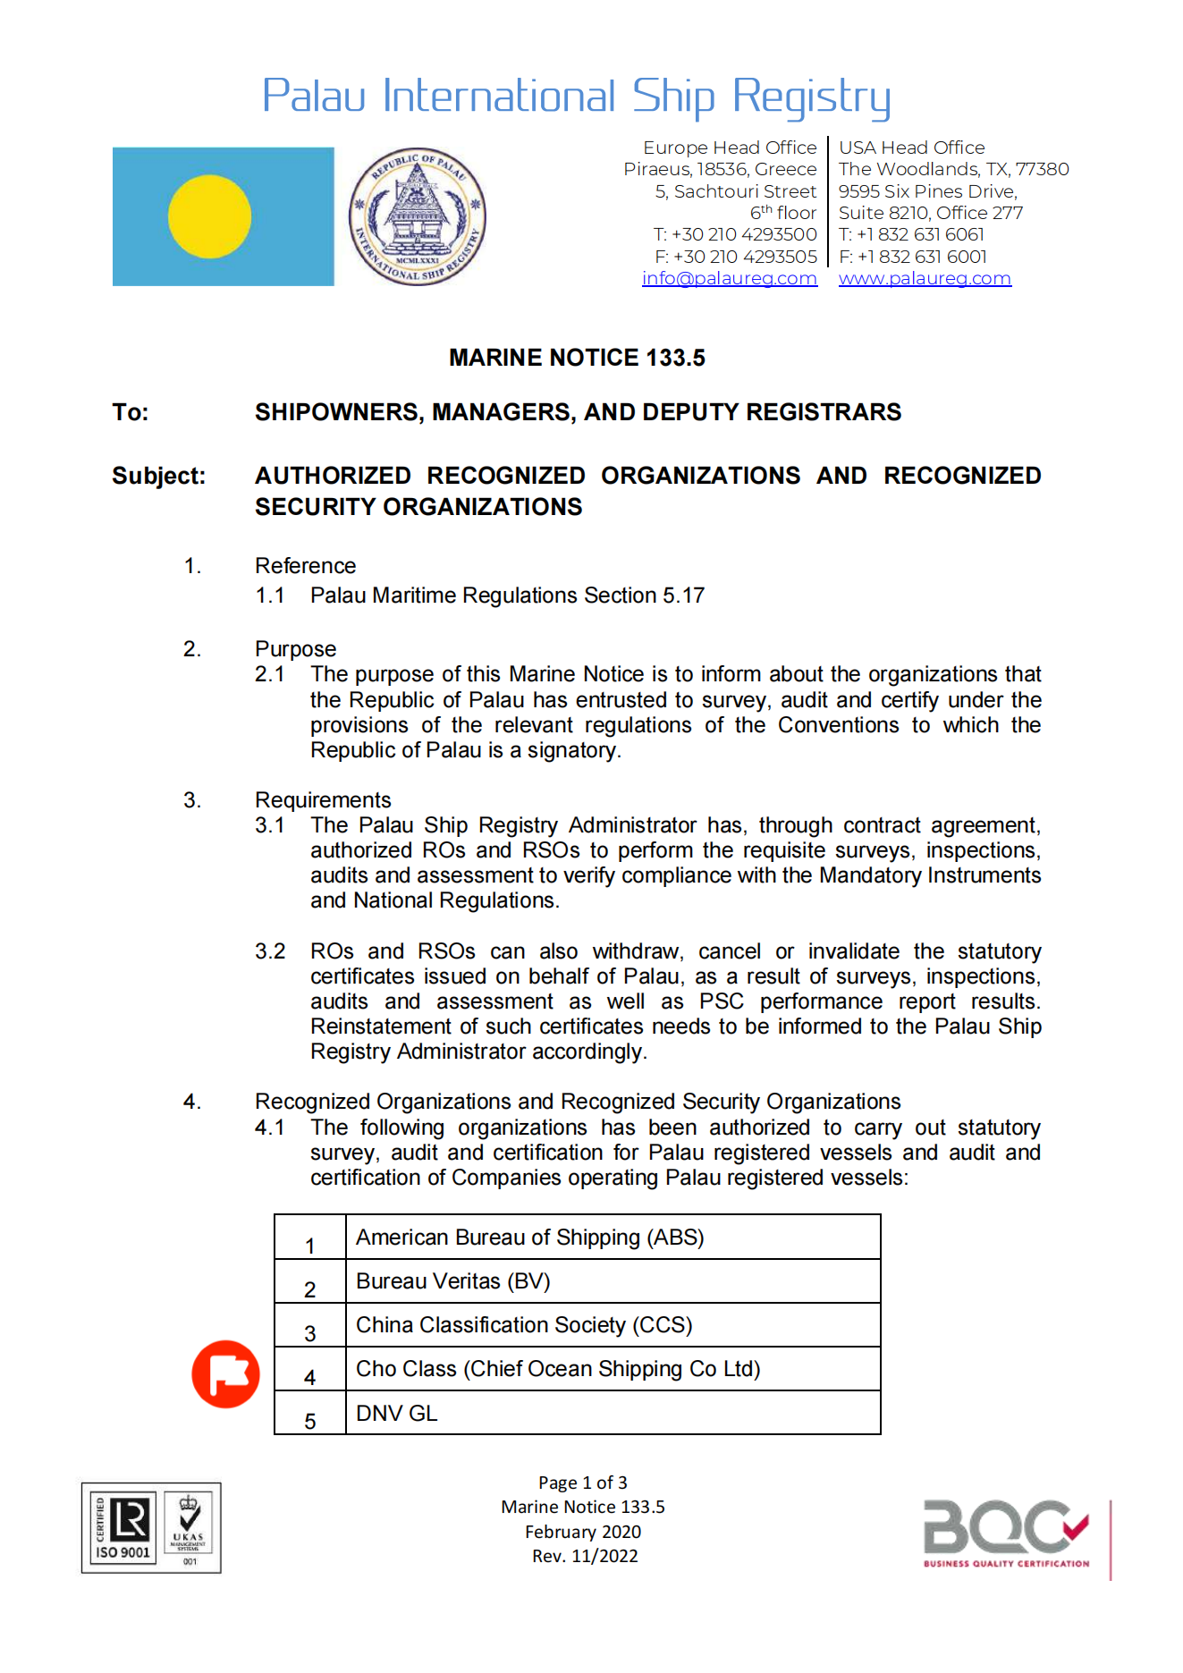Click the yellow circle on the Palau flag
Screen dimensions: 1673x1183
point(210,216)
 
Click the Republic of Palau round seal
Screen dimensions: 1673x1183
point(417,216)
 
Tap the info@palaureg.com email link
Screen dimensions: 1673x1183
point(729,278)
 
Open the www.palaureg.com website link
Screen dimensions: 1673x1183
point(925,278)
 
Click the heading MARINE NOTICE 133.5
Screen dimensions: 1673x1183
point(577,358)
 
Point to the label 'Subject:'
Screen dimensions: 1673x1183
point(158,476)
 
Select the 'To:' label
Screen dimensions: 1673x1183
point(131,412)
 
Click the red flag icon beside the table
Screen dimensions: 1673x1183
point(225,1374)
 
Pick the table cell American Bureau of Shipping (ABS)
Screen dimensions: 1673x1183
point(529,1238)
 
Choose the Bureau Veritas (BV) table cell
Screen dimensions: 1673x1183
point(452,1281)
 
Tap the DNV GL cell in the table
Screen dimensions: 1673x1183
point(396,1414)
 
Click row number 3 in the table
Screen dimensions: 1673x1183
point(310,1333)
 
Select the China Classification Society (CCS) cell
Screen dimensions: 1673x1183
point(524,1325)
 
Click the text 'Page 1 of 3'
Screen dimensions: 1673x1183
point(583,1483)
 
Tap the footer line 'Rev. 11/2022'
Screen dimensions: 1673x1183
point(585,1556)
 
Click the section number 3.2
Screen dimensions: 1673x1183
point(270,951)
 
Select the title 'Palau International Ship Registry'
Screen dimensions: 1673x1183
point(577,97)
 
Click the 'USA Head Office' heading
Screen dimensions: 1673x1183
point(911,148)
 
